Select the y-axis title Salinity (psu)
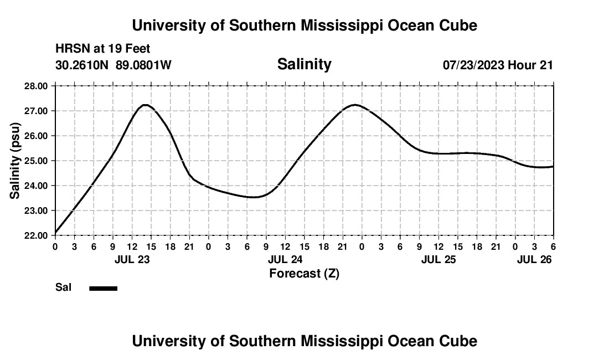pos(15,161)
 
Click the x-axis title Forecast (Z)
pos(304,273)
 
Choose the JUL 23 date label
pos(132,259)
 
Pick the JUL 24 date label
pos(285,259)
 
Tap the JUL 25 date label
pos(438,259)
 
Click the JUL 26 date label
pos(534,259)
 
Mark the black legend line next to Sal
pos(104,288)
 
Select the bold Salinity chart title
pos(304,64)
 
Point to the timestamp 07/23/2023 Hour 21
pos(498,65)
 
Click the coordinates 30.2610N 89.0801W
pos(113,65)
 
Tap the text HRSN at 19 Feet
pos(103,49)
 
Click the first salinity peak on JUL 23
pos(144,105)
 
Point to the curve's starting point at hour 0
pos(55,233)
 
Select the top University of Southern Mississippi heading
pos(304,25)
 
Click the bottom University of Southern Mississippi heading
pos(304,341)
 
